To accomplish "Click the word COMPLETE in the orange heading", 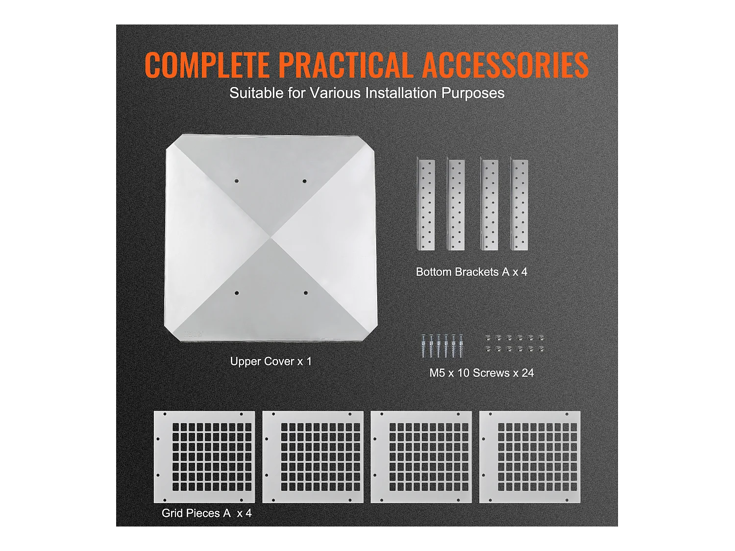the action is click(x=207, y=65).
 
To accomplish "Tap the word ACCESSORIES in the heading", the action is click(x=505, y=65).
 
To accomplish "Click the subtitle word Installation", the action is click(x=401, y=93).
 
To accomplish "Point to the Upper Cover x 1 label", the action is click(x=270, y=361).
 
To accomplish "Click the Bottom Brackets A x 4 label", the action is click(x=471, y=272).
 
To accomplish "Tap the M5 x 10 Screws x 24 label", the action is click(x=482, y=373).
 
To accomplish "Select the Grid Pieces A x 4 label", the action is click(x=206, y=513).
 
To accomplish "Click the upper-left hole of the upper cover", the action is click(x=236, y=181).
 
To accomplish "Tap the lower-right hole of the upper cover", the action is click(x=305, y=293).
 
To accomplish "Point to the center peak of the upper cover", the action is click(x=271, y=238).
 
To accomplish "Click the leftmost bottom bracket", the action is click(x=426, y=205).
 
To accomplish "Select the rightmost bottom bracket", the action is click(x=519, y=205).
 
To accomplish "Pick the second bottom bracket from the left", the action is click(x=456, y=205).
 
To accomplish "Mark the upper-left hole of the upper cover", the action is click(x=236, y=181).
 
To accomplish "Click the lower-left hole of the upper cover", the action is click(x=236, y=293).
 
